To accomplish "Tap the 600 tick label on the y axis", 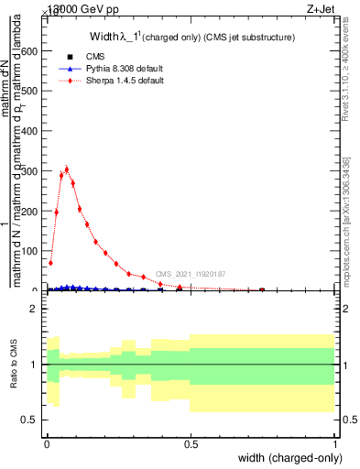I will tap(29, 51).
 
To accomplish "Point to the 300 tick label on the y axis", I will tap(29, 171).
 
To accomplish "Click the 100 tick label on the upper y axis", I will tap(29, 251).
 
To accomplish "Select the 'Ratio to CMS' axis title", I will tap(15, 365).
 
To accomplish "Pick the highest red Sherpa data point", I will tap(66, 169).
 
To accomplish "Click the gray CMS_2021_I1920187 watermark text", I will tap(191, 274).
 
